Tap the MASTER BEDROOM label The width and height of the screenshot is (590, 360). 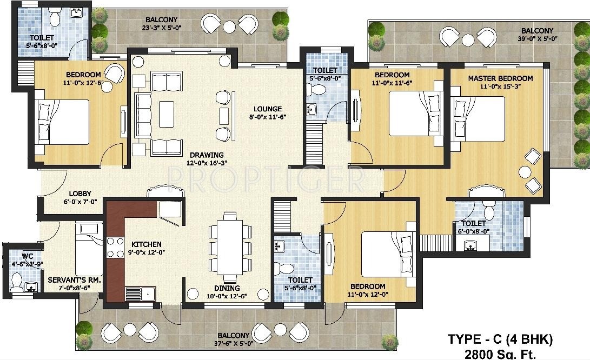[500, 78]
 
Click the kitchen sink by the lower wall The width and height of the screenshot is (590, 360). [141, 293]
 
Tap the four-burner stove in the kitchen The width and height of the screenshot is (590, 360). [115, 248]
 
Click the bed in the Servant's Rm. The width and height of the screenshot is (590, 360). [88, 250]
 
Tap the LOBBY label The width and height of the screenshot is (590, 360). [79, 194]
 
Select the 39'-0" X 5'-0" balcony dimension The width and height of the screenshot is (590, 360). [537, 39]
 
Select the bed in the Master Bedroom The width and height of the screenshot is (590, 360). [479, 118]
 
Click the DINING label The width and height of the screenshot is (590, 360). [227, 288]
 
